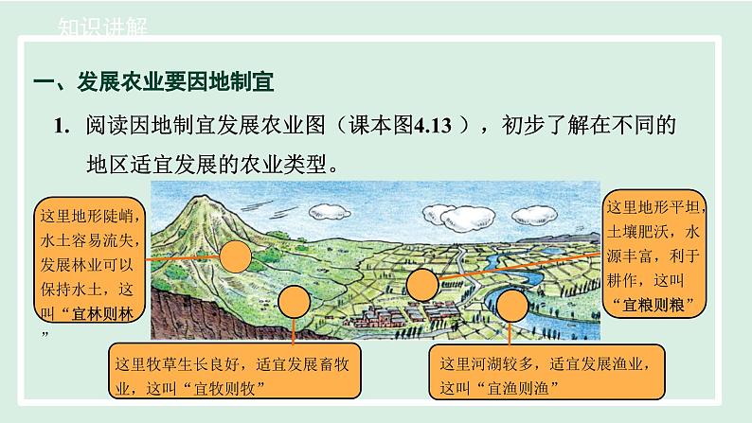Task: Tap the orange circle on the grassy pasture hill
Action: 295,302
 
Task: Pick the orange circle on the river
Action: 512,307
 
